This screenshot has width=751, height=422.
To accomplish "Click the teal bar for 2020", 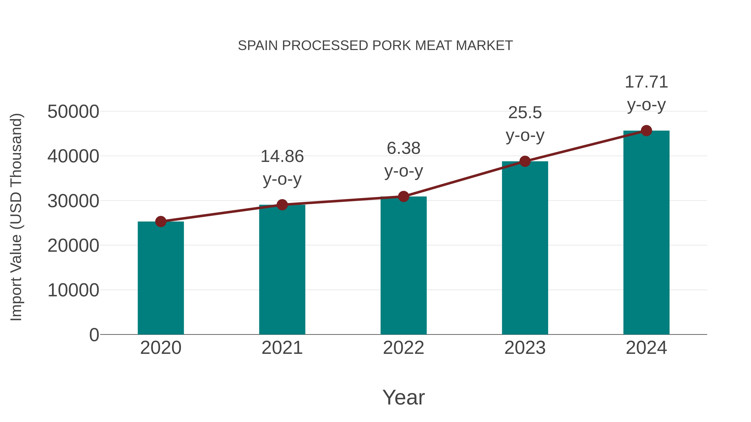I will point(161,278).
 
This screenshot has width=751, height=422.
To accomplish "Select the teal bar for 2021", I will point(282,270).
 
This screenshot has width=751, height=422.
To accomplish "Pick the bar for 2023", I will point(525,248).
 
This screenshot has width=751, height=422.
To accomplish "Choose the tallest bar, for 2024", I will point(646,233).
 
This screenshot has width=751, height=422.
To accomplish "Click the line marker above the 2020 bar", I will point(161,222).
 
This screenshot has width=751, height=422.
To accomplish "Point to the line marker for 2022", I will point(403,197).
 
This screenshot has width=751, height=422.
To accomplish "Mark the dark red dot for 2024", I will point(646,131).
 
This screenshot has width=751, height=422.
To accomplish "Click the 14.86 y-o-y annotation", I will point(282,168).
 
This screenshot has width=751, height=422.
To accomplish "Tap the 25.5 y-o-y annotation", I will point(525,124).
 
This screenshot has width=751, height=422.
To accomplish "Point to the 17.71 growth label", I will point(646,93).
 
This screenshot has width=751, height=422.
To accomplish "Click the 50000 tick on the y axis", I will point(73,111).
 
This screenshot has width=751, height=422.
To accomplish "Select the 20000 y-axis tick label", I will point(73,245).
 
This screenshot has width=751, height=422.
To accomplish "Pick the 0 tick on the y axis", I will point(94,335).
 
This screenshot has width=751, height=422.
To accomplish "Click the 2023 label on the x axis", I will point(525,348).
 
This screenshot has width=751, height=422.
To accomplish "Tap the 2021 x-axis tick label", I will point(282,348).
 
